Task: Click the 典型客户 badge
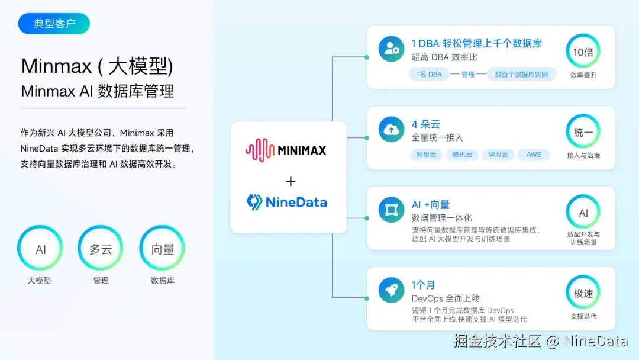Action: (x=54, y=24)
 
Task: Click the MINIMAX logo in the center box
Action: (x=286, y=150)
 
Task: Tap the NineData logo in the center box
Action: (x=287, y=202)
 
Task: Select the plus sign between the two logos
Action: (x=291, y=181)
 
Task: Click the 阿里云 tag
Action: (x=426, y=155)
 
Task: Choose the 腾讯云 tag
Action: (x=462, y=155)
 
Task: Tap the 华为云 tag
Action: (x=498, y=155)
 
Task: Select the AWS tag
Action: (x=534, y=155)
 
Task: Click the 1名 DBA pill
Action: (x=429, y=75)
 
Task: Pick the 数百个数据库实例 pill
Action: (x=522, y=75)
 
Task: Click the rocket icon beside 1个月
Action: (x=391, y=290)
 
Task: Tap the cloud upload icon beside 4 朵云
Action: (x=391, y=129)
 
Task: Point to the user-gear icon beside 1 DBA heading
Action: (x=391, y=49)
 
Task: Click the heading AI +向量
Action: (x=430, y=205)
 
